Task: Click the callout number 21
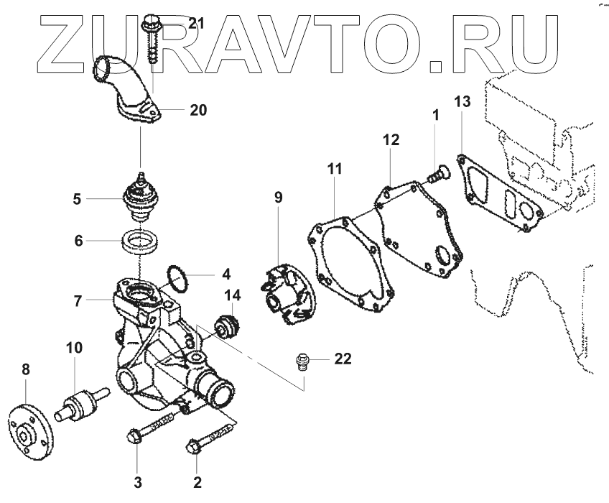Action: click(x=196, y=24)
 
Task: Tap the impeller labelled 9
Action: click(x=285, y=291)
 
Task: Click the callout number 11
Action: click(x=334, y=170)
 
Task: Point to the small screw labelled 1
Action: click(x=437, y=173)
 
